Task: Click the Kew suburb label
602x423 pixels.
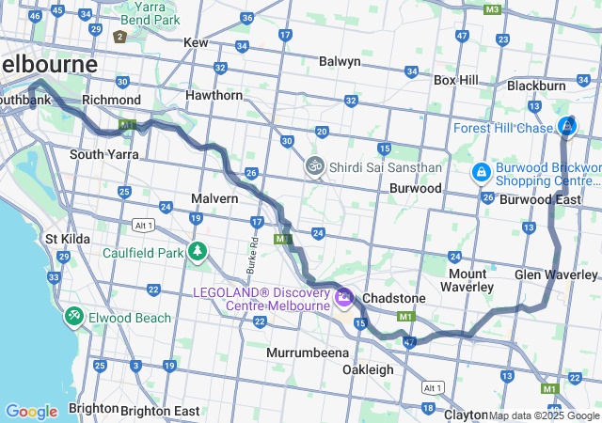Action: pos(196,42)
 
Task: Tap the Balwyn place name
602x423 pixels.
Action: pos(340,61)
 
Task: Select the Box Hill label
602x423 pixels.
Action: pos(457,81)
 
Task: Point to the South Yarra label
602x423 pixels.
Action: pos(99,154)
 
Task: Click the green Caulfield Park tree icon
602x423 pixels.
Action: pos(198,251)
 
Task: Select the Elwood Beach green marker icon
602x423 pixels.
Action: pos(73,316)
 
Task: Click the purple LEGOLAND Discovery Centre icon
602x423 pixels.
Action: pos(344,299)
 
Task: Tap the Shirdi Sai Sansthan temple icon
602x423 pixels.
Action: pos(313,166)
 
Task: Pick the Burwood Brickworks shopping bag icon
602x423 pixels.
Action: pos(481,173)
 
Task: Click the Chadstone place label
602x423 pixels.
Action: pos(394,298)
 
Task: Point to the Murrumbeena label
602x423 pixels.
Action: pos(308,352)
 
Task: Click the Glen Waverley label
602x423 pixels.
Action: pos(556,274)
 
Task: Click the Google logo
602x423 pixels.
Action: pos(31,412)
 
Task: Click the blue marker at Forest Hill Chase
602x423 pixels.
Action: pos(567,126)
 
